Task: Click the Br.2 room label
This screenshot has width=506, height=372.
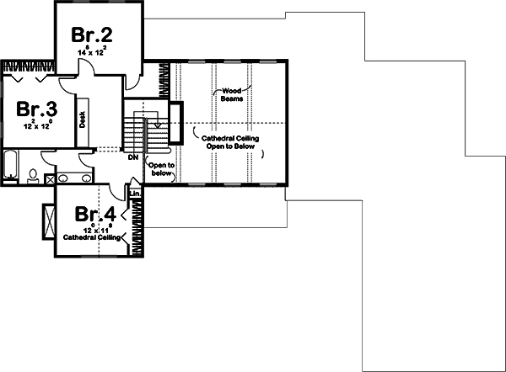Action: pyautogui.click(x=93, y=36)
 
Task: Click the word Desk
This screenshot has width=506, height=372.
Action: pyautogui.click(x=83, y=120)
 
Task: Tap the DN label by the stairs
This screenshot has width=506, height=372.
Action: pyautogui.click(x=132, y=157)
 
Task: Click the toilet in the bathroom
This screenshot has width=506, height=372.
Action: pyautogui.click(x=32, y=176)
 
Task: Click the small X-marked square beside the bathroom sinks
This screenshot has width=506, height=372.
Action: pyautogui.click(x=51, y=179)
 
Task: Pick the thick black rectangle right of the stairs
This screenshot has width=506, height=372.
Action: pyautogui.click(x=175, y=124)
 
